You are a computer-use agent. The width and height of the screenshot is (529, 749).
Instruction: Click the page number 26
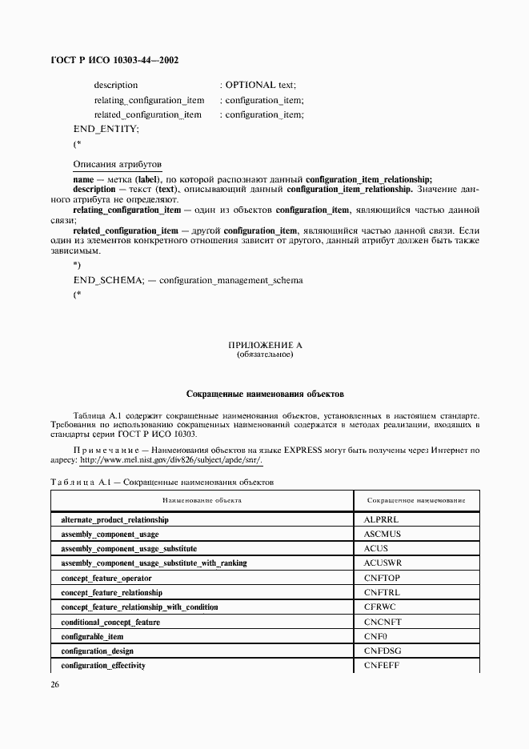(55, 684)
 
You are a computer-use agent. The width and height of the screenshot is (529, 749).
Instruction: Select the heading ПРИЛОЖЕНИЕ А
(265, 345)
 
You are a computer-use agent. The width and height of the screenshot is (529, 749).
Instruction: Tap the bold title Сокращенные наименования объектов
(265, 394)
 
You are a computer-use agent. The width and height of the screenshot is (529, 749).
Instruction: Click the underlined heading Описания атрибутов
(118, 163)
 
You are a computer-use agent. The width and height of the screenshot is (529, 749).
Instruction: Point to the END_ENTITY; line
(106, 129)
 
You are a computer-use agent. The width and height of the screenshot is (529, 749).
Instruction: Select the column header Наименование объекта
(202, 500)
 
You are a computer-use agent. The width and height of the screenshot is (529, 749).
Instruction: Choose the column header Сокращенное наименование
(416, 500)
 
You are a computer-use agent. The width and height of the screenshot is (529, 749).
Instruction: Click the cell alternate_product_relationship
(115, 519)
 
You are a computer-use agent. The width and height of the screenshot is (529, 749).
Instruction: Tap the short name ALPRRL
(381, 519)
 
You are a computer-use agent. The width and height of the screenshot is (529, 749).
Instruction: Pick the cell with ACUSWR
(383, 563)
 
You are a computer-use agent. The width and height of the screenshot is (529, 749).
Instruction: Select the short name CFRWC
(381, 607)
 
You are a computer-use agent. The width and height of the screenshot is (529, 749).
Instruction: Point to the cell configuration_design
(98, 651)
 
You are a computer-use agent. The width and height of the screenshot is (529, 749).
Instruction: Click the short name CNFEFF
(382, 666)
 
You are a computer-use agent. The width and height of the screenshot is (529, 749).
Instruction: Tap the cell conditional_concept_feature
(110, 622)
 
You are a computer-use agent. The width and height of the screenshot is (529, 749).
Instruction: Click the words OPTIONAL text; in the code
(261, 85)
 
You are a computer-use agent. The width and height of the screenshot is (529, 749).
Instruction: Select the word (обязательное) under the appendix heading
(265, 354)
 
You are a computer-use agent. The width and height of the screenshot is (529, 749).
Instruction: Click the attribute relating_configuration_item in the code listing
(149, 100)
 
